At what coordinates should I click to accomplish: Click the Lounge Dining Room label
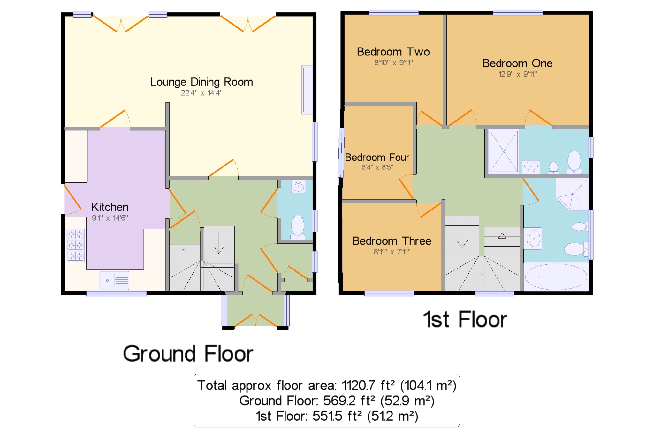pyautogui.click(x=202, y=82)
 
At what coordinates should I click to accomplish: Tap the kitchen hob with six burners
pyautogui.click(x=75, y=245)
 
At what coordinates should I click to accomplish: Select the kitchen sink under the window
pyautogui.click(x=114, y=280)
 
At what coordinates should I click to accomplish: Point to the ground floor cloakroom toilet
pyautogui.click(x=298, y=227)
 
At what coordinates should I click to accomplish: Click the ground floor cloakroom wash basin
pyautogui.click(x=298, y=186)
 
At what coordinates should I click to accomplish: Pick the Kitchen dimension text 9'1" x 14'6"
pyautogui.click(x=110, y=218)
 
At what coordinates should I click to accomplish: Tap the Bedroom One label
pyautogui.click(x=517, y=63)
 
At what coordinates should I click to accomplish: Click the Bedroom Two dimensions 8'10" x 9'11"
pyautogui.click(x=393, y=63)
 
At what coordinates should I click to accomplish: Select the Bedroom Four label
pyautogui.click(x=377, y=157)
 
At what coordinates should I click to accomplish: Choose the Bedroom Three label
pyautogui.click(x=392, y=241)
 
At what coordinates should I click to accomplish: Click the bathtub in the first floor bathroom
pyautogui.click(x=556, y=277)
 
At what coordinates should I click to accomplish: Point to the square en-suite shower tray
pyautogui.click(x=504, y=151)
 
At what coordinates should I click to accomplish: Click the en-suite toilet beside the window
pyautogui.click(x=574, y=162)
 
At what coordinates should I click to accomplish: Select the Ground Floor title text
pyautogui.click(x=188, y=354)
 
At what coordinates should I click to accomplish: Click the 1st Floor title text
pyautogui.click(x=465, y=319)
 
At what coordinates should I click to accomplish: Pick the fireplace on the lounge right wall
pyautogui.click(x=307, y=90)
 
